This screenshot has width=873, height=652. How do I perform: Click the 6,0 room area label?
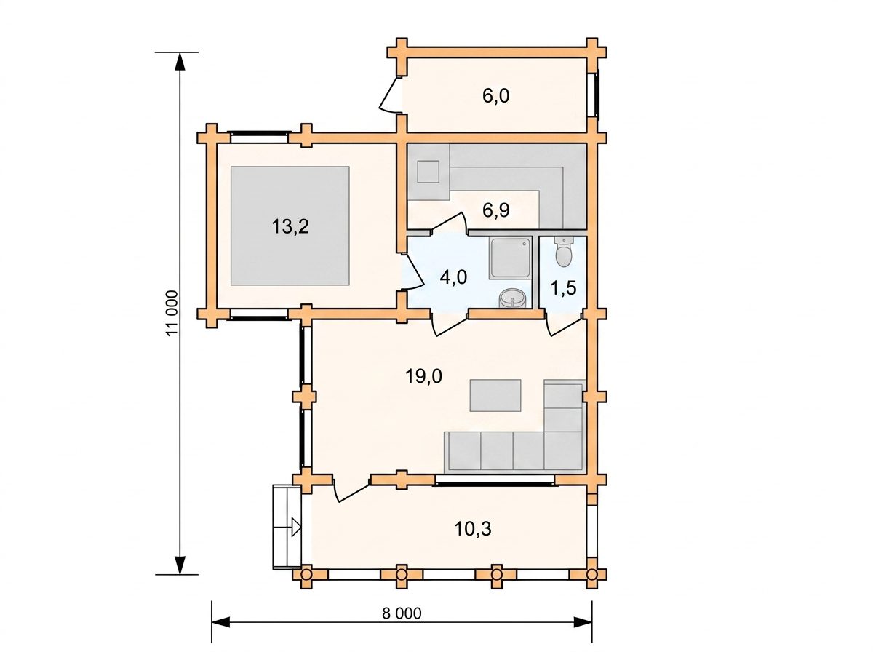pos(495,96)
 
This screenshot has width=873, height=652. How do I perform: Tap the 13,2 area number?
pos(290,227)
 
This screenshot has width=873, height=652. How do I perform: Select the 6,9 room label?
pos(495,210)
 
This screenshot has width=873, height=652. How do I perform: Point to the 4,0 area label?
pos(453,277)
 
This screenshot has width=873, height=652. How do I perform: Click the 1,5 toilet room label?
pos(564,287)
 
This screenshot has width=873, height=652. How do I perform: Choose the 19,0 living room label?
pos(423,376)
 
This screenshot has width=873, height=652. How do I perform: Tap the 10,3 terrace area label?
pos(473,529)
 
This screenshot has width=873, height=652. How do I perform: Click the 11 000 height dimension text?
pos(172,314)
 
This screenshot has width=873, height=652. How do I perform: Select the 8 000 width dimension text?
pos(402,613)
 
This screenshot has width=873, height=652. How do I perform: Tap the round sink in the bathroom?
pos(513,298)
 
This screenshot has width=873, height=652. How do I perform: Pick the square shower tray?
pos(510,258)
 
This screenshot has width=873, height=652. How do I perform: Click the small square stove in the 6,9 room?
pos(428,172)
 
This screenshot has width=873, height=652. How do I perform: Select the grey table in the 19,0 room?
pos(495,395)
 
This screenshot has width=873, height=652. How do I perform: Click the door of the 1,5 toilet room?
pos(563,325)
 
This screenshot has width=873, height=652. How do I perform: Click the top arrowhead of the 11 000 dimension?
pos(180,62)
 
